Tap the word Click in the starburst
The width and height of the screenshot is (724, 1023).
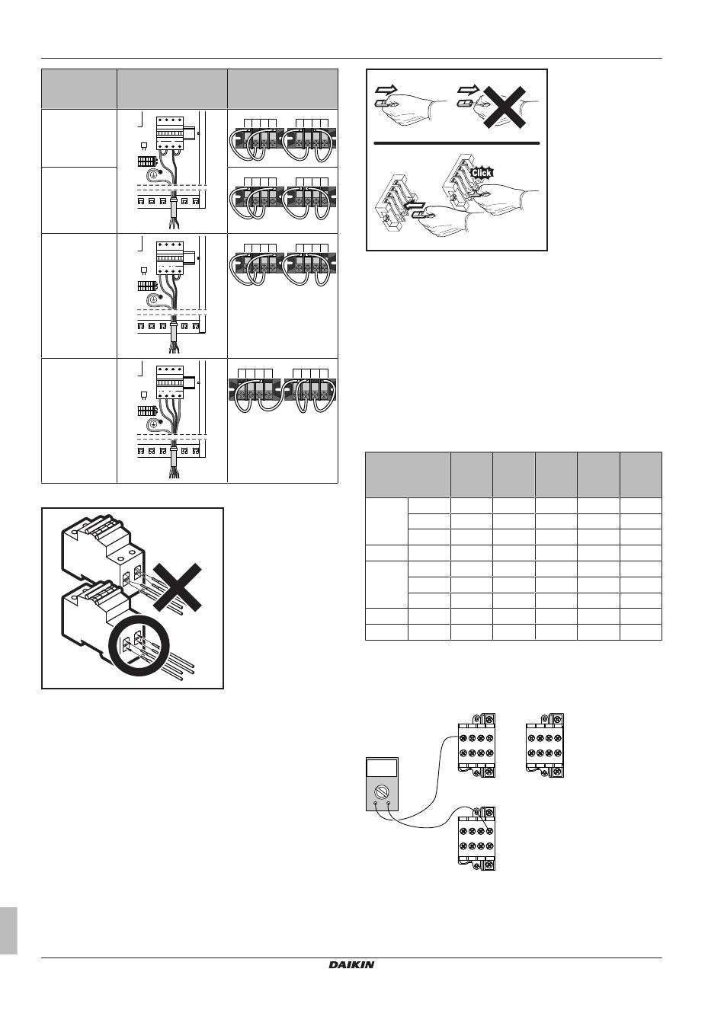pos(481,173)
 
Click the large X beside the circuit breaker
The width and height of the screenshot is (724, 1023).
pos(178,587)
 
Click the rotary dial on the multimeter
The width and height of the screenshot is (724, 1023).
pos(382,791)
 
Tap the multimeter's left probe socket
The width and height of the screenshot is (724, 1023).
pos(376,802)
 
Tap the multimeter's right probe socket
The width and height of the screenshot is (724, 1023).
pos(388,802)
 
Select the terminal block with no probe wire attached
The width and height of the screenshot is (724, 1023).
pos(545,745)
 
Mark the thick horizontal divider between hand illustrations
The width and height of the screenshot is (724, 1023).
pos(457,143)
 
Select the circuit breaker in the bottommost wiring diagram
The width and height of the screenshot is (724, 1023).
pos(170,383)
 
